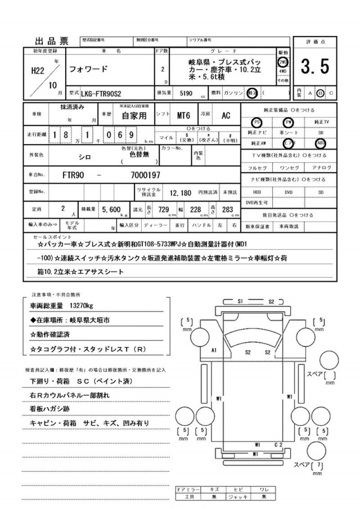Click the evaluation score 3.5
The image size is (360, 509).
point(314,67)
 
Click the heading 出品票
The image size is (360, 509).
point(52,41)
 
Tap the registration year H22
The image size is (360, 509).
point(37,71)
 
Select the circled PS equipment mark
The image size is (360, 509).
point(257,121)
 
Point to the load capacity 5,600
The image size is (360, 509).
point(111,209)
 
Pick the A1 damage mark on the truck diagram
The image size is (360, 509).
point(214,350)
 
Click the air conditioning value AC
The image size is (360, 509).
point(226,115)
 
